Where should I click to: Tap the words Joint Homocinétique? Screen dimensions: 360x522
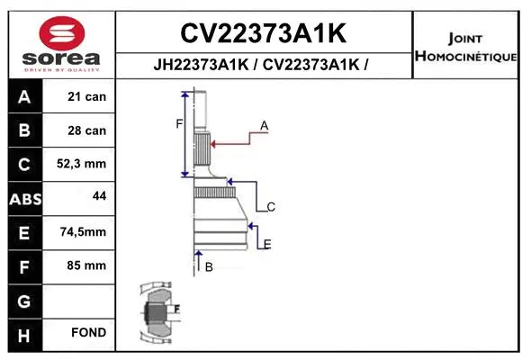(x=465, y=48)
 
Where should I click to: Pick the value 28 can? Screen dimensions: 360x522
(x=87, y=130)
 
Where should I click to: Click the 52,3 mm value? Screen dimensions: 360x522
(x=83, y=164)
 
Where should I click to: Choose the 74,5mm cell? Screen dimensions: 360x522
(x=83, y=231)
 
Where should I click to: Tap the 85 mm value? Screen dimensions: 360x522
(x=87, y=265)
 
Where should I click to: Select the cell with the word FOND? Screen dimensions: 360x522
(x=89, y=333)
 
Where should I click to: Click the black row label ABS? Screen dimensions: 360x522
(x=23, y=198)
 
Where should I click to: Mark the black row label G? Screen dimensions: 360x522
(x=23, y=300)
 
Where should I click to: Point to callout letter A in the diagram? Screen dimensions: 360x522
(x=265, y=126)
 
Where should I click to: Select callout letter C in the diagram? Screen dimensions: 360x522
(x=271, y=207)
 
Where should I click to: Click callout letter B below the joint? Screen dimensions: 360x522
(x=209, y=267)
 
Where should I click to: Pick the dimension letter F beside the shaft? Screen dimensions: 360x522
(x=178, y=123)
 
